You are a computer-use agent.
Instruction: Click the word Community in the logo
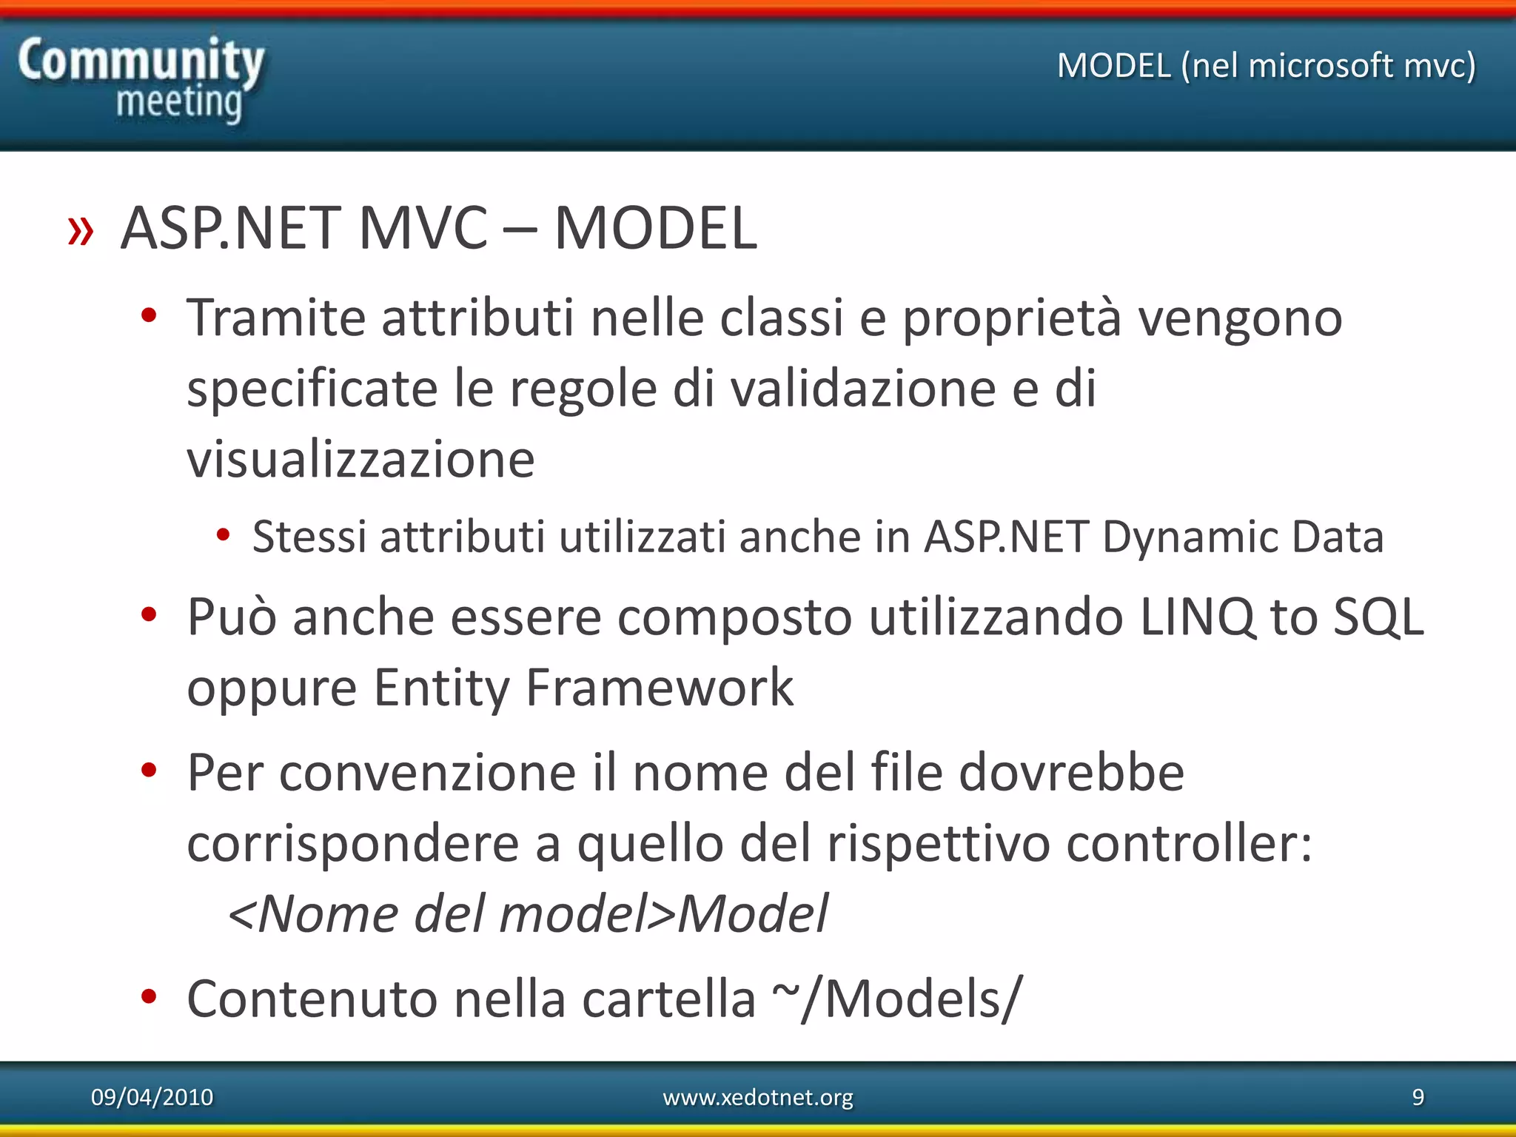pyautogui.click(x=141, y=61)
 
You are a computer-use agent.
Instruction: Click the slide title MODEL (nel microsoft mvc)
pyautogui.click(x=1266, y=66)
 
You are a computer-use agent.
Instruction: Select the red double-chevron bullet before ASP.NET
pyautogui.click(x=81, y=231)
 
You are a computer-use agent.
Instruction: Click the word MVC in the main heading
pyautogui.click(x=423, y=229)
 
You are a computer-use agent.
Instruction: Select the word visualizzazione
pyautogui.click(x=360, y=460)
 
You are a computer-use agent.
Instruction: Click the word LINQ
pyautogui.click(x=1197, y=617)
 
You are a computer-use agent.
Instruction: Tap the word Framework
pyautogui.click(x=659, y=688)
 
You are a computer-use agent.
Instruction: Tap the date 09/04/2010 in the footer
pyautogui.click(x=152, y=1097)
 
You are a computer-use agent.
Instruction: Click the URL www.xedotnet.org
pyautogui.click(x=757, y=1097)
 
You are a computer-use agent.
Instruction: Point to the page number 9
pyautogui.click(x=1418, y=1097)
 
